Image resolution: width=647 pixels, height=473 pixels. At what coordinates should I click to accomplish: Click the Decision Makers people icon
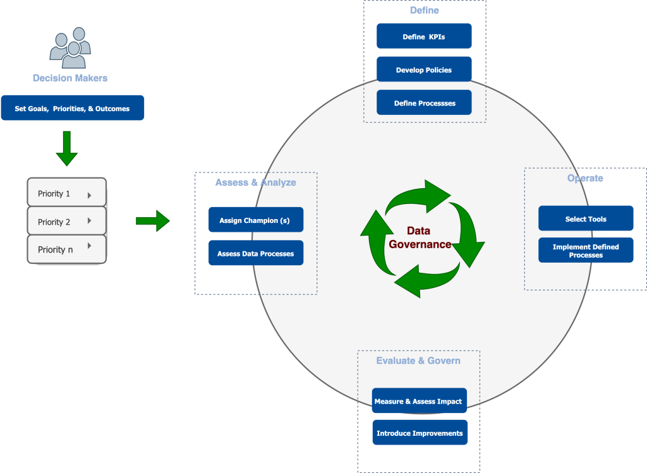point(70,48)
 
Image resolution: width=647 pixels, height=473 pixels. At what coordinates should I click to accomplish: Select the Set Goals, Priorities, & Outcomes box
point(72,108)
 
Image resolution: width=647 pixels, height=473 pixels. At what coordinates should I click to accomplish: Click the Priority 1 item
point(66,193)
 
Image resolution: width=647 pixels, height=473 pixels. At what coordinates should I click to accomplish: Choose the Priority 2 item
point(66,222)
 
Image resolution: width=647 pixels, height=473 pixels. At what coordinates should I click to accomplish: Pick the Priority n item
point(66,249)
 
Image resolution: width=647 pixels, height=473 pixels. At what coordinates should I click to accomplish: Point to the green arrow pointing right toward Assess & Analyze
point(153,220)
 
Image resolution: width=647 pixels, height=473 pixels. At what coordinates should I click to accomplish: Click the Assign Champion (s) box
point(256,220)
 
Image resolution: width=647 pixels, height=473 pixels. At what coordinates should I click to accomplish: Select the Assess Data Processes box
point(256,253)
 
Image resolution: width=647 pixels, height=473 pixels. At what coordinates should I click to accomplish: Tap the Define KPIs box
point(424,36)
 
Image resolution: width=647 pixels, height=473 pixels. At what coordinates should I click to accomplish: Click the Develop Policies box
point(424,69)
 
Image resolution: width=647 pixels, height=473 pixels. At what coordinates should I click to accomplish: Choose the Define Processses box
point(424,103)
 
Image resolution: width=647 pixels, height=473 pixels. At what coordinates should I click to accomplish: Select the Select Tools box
point(586,219)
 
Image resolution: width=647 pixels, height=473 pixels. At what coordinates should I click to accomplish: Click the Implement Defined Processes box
point(586,251)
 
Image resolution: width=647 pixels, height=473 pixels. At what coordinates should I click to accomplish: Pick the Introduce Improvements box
point(420,433)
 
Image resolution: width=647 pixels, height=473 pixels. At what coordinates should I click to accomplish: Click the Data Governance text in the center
point(420,238)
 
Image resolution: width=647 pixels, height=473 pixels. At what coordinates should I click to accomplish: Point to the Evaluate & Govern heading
point(418,361)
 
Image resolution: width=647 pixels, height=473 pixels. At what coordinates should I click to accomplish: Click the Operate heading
point(585,178)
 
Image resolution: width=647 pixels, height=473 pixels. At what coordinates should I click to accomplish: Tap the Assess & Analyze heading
point(255,183)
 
